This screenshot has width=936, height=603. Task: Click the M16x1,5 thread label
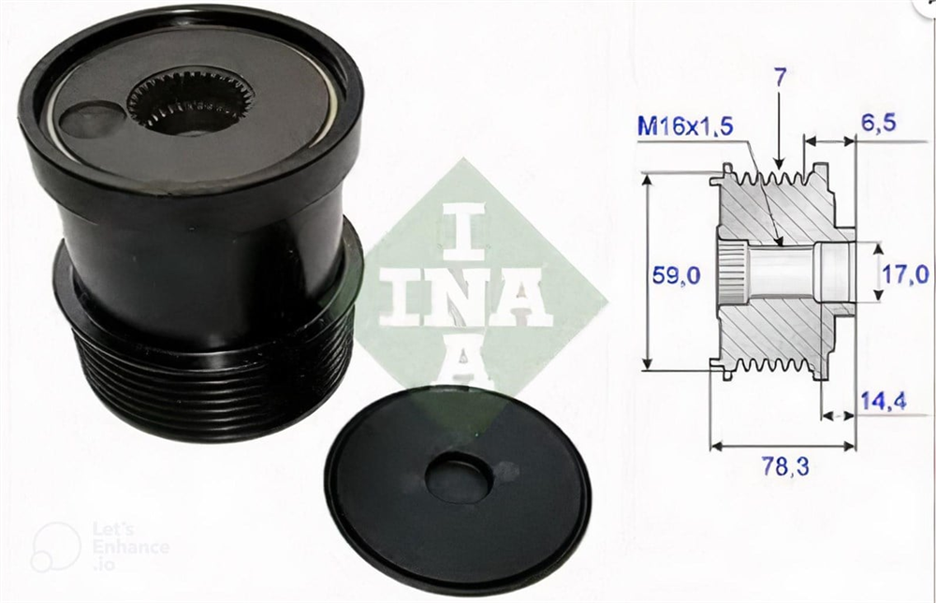(x=685, y=126)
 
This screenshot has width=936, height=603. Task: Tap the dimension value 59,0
(x=677, y=276)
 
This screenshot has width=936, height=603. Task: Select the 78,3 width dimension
(x=785, y=466)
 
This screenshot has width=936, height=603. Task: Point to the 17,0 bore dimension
(x=906, y=274)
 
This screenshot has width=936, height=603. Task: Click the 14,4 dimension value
(x=884, y=401)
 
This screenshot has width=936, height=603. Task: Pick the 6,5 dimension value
(x=879, y=123)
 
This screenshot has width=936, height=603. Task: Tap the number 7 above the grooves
(x=781, y=77)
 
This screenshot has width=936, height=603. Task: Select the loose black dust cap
(x=458, y=489)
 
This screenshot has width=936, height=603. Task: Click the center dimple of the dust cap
(x=459, y=478)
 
